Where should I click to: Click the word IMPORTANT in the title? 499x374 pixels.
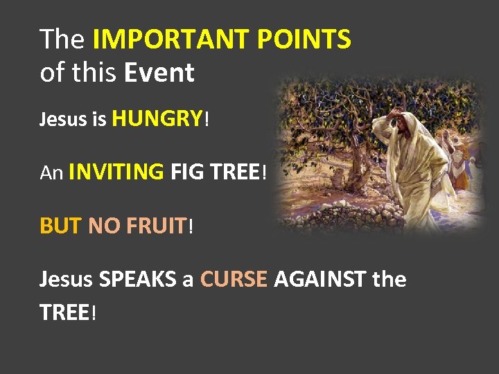pos(170,40)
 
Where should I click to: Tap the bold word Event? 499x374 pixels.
pos(159,72)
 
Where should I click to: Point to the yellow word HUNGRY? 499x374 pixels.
pos(157,119)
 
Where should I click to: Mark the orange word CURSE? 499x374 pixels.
pos(234,280)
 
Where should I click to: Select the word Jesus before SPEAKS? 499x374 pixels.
pos(67,280)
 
